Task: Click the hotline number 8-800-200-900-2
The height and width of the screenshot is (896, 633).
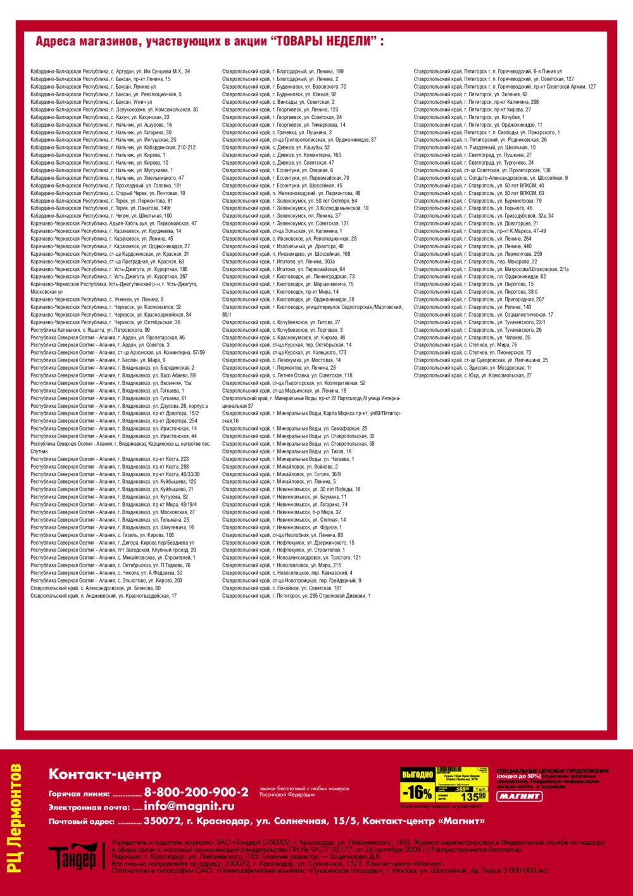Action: click(196, 792)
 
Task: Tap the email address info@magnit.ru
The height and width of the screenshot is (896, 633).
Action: click(189, 806)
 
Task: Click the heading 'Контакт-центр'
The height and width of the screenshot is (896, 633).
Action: click(105, 774)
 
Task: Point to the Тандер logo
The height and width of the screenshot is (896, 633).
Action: click(75, 857)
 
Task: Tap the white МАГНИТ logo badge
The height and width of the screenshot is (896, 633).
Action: click(519, 796)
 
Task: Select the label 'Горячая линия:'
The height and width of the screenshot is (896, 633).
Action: click(79, 794)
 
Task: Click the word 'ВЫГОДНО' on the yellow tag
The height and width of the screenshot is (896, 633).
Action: click(418, 774)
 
